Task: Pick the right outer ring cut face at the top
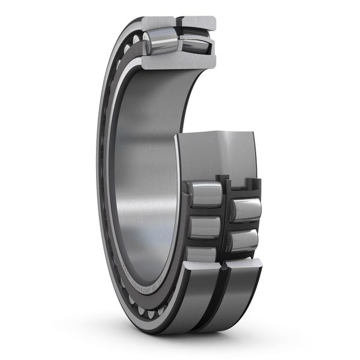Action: pyautogui.click(x=199, y=23)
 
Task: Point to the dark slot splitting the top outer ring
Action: pyautogui.click(x=179, y=24)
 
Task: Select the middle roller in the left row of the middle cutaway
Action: pyautogui.click(x=204, y=227)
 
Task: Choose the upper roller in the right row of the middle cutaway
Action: pyautogui.click(x=246, y=209)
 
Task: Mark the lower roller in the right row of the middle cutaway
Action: pyautogui.click(x=243, y=240)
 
